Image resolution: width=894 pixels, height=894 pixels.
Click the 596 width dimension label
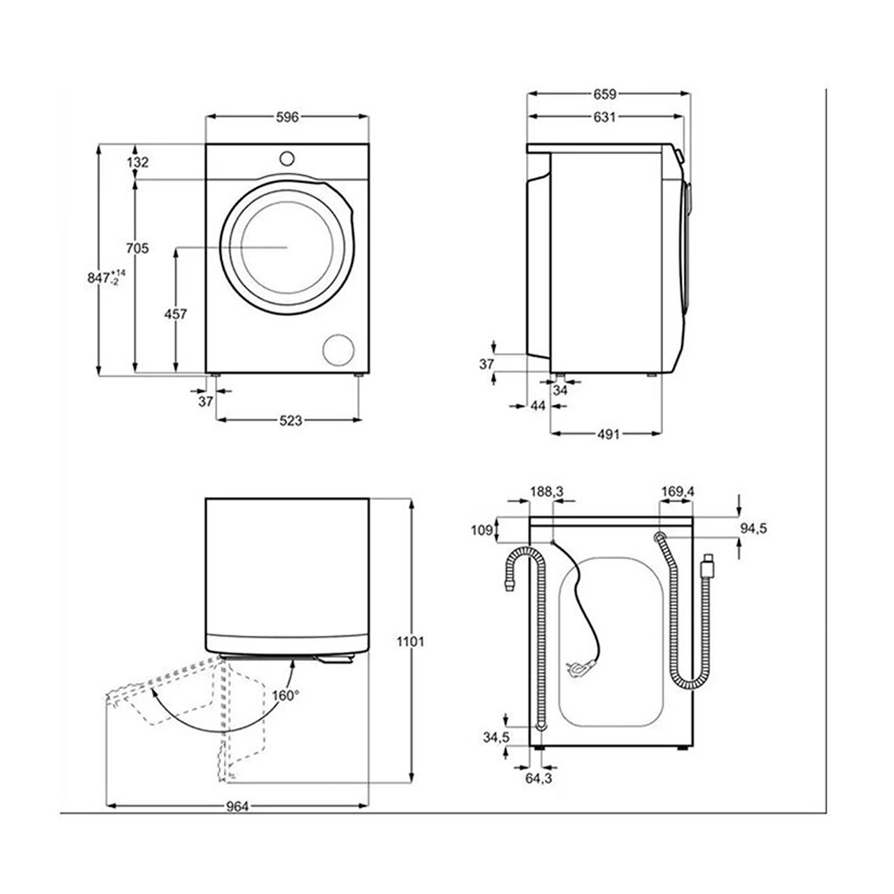[287, 118]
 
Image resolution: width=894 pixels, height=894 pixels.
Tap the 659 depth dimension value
[604, 95]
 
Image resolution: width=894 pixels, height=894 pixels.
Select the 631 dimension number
[604, 117]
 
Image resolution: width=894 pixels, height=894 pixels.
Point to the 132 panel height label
[137, 163]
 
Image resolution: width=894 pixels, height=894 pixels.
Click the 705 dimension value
[137, 248]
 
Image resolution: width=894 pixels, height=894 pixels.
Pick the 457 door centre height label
[176, 314]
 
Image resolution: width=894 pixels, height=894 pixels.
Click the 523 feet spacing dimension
[291, 421]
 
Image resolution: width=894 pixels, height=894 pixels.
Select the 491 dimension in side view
[608, 434]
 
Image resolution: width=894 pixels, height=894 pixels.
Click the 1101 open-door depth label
[410, 642]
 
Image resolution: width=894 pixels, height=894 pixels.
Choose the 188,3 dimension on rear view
[547, 492]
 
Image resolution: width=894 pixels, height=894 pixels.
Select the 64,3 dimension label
[539, 778]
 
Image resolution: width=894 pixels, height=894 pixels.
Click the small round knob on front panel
[287, 159]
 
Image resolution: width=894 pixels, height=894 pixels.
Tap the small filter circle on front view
[339, 350]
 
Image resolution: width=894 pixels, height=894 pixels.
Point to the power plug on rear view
[578, 670]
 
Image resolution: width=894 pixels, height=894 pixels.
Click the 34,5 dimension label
[496, 737]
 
